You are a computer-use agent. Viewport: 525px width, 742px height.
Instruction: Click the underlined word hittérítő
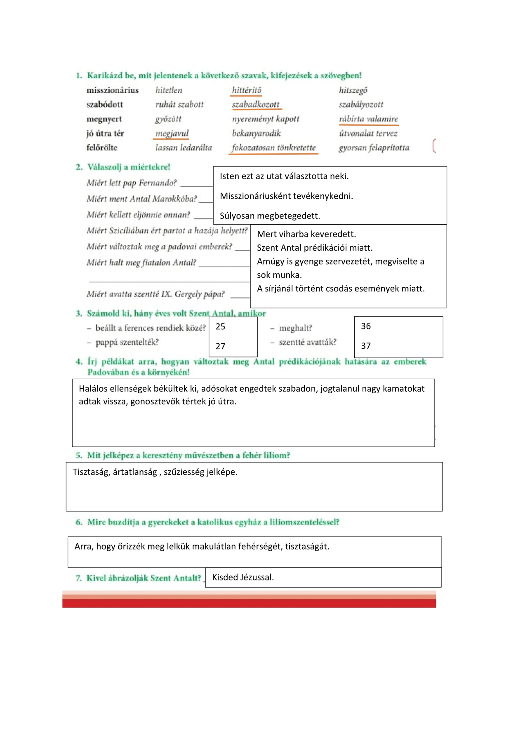point(247,90)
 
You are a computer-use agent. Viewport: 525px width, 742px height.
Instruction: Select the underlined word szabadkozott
point(256,105)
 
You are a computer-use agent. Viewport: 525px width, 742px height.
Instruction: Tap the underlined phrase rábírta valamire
point(368,119)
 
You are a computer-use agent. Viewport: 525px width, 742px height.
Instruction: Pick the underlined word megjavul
point(172,134)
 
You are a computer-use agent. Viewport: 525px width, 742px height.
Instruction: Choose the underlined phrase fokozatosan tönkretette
point(273,148)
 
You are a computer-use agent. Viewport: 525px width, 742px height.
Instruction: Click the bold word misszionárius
point(113,90)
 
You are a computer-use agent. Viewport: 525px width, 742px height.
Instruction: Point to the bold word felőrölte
point(102,148)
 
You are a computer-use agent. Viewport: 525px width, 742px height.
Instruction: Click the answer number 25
point(221,326)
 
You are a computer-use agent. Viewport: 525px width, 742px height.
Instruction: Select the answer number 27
point(221,346)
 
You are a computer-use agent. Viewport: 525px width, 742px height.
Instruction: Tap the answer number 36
point(366,326)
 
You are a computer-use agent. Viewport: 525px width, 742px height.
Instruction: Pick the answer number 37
point(366,346)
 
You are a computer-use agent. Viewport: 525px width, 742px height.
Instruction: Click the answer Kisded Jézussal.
point(243,577)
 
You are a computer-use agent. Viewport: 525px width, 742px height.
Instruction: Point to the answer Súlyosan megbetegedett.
point(270,216)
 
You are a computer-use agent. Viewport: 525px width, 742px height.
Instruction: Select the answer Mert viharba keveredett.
point(306,234)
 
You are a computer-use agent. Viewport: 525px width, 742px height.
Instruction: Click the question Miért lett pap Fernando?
point(132,183)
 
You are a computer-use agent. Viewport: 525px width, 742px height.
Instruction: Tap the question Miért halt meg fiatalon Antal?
point(141,263)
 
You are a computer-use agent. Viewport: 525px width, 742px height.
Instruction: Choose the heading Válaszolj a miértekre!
point(129,167)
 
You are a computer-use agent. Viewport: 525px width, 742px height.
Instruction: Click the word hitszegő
point(353,90)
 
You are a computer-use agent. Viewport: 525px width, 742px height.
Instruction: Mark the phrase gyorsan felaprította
point(374,148)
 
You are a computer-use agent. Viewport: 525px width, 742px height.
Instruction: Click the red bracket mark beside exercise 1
point(434,146)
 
